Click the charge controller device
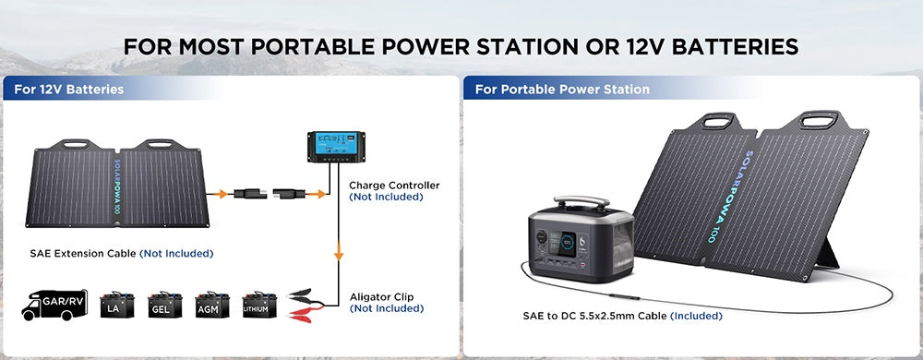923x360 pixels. point(332,147)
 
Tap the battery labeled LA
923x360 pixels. point(116,305)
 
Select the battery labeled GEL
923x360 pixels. point(165,305)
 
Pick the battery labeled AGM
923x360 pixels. point(212,305)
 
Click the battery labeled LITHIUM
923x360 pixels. point(259,305)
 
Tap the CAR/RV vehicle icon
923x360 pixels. point(54,305)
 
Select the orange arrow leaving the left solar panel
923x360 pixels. point(219,194)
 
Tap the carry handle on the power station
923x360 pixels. point(581,203)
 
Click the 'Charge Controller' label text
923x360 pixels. point(394,186)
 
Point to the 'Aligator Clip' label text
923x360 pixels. point(381,297)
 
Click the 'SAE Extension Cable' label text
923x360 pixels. point(83,254)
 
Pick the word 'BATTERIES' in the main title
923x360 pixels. point(736,46)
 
